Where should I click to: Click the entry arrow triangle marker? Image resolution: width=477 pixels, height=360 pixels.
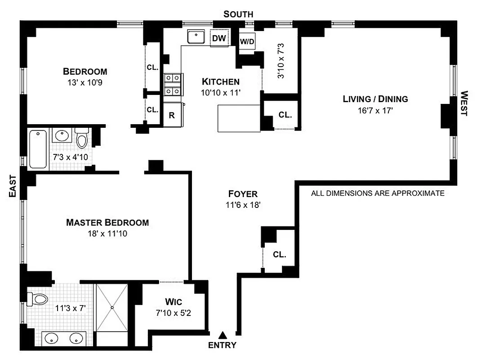pyautogui.click(x=223, y=335)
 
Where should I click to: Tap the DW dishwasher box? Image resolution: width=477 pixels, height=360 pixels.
pyautogui.click(x=219, y=38)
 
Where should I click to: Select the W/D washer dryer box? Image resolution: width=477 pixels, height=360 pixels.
pyautogui.click(x=247, y=42)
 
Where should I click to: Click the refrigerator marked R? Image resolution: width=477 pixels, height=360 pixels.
pyautogui.click(x=171, y=115)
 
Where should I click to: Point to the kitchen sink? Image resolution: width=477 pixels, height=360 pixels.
pyautogui.click(x=196, y=36)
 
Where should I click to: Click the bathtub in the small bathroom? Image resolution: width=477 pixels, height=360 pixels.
pyautogui.click(x=37, y=149)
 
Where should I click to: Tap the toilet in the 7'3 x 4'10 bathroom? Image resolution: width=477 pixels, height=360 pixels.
pyautogui.click(x=82, y=138)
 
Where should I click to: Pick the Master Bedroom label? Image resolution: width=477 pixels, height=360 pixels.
pyautogui.click(x=107, y=222)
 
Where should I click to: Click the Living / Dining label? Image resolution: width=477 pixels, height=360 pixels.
pyautogui.click(x=375, y=99)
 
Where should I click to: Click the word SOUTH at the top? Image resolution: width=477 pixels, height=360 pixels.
pyautogui.click(x=238, y=14)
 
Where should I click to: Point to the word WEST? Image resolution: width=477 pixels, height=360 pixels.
pyautogui.click(x=464, y=103)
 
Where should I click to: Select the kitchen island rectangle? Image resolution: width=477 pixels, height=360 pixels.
pyautogui.click(x=239, y=118)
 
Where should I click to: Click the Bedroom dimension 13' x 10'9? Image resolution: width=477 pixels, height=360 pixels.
pyautogui.click(x=85, y=82)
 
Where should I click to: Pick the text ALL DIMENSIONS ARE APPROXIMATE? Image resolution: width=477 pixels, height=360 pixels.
pyautogui.click(x=378, y=193)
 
